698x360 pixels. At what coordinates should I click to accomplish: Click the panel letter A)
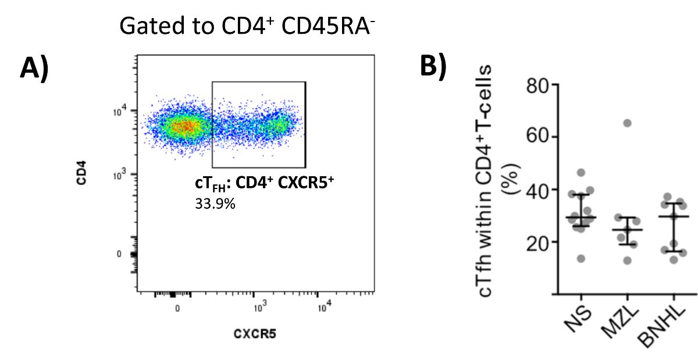point(34,68)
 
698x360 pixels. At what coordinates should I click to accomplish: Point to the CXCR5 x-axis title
point(253,334)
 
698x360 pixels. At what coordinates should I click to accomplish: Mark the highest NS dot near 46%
point(581,172)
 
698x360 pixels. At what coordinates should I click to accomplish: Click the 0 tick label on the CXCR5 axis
point(177,308)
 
